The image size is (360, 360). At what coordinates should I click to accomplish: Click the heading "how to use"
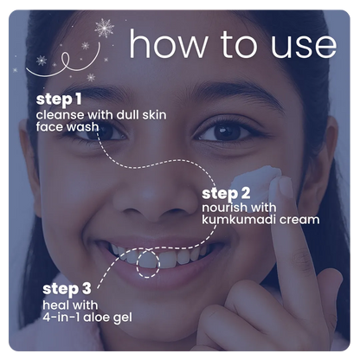pyautogui.click(x=233, y=44)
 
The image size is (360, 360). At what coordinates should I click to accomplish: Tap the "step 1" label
pyautogui.click(x=59, y=100)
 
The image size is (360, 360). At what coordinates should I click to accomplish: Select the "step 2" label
pyautogui.click(x=226, y=194)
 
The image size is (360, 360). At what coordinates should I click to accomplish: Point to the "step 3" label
pyautogui.click(x=67, y=289)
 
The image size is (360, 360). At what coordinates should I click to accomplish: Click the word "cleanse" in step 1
pyautogui.click(x=61, y=115)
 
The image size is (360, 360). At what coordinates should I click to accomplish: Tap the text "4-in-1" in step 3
pyautogui.click(x=61, y=318)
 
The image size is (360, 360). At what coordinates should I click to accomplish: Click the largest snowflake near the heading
pyautogui.click(x=104, y=28)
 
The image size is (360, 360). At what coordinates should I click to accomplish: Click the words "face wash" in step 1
pyautogui.click(x=67, y=127)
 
